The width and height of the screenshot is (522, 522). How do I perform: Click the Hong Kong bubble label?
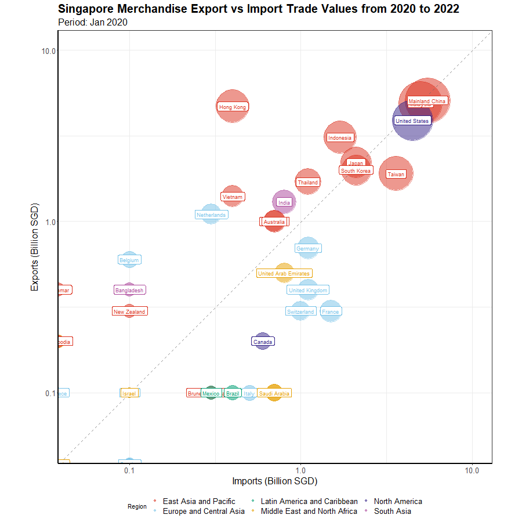(233, 107)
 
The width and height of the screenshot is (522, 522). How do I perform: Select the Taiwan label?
(396, 174)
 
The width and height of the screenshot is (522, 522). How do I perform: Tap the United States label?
(412, 121)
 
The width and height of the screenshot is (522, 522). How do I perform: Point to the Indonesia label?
(340, 138)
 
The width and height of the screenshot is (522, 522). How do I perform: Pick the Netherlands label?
(211, 215)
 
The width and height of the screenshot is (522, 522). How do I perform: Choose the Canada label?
(263, 342)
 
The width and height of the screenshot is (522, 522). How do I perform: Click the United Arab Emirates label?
(284, 273)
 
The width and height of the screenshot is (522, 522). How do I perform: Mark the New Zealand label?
(129, 312)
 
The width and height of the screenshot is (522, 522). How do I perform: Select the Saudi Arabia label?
(274, 394)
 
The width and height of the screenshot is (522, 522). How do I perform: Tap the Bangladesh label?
(129, 290)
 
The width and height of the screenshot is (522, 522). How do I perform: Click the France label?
(330, 312)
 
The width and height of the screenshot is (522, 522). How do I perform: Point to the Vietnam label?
(233, 197)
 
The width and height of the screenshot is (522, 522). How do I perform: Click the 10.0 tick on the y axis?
(48, 51)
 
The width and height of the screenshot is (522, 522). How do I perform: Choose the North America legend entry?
(398, 501)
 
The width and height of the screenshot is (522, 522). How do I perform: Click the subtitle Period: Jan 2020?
(93, 23)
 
